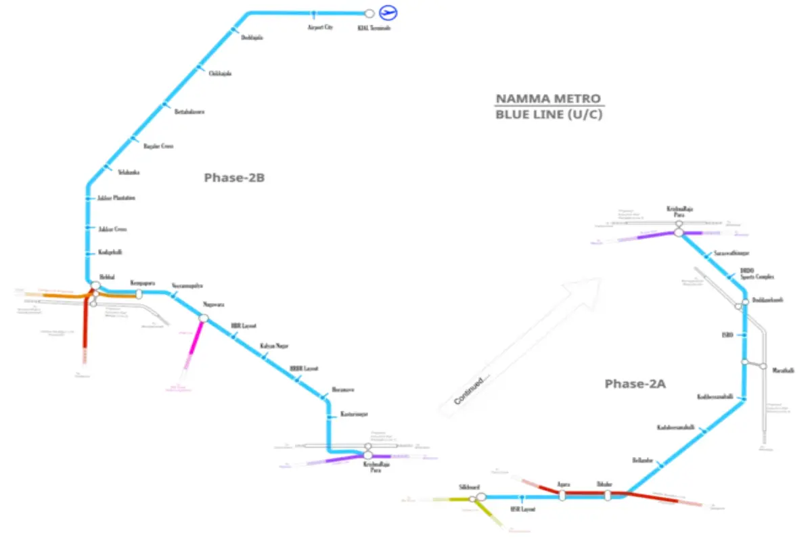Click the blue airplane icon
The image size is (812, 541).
point(388,12)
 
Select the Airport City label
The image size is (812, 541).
point(320,28)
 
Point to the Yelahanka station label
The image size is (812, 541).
point(129,172)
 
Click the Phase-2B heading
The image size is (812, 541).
point(233,179)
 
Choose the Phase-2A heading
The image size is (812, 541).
point(635,384)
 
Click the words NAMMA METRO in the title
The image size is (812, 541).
point(549,99)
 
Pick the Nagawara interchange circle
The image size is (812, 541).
point(204,318)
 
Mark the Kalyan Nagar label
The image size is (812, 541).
point(274,346)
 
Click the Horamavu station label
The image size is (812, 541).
point(343,390)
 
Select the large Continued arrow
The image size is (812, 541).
point(521,345)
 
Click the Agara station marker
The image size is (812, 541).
point(562,495)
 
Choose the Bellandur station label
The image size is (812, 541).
point(642,460)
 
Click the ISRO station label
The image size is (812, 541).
point(727,335)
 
